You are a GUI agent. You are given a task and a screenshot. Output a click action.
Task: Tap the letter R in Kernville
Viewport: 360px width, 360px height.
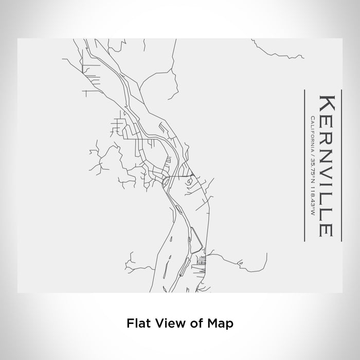(326, 135)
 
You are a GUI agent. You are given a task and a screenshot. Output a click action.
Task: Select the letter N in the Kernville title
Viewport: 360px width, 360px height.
(326, 153)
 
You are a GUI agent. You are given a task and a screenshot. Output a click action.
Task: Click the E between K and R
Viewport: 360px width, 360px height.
(326, 119)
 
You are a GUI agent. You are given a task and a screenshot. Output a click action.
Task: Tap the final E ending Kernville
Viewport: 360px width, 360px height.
(326, 226)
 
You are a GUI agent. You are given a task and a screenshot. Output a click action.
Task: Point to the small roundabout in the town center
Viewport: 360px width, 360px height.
(166, 181)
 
